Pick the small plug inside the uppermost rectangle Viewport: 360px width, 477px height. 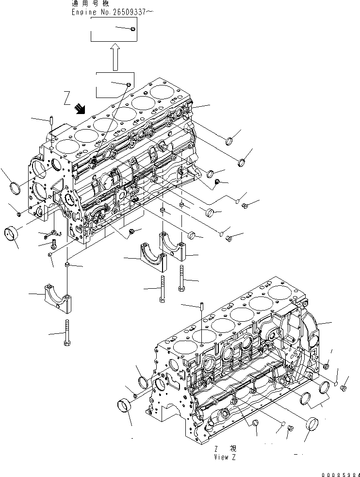coord(132,30)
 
